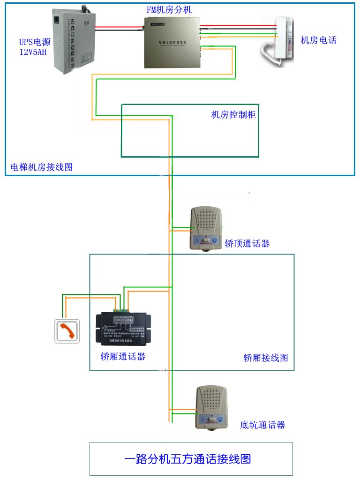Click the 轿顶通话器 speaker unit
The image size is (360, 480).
pyautogui.click(x=205, y=228)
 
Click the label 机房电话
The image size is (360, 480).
pyautogui.click(x=318, y=40)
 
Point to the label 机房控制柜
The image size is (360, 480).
pyautogui.click(x=233, y=115)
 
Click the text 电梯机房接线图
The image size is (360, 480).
pyautogui.click(x=42, y=167)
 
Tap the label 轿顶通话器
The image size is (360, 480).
pyautogui.click(x=247, y=244)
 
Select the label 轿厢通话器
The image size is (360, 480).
pyautogui.click(x=123, y=357)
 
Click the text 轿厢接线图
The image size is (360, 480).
pyautogui.click(x=265, y=358)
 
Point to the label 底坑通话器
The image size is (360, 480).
pyautogui.click(x=262, y=425)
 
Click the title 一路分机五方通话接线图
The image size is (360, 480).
pyautogui.click(x=191, y=458)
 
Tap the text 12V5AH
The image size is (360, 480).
pyautogui.click(x=33, y=52)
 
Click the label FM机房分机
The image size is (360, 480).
pyautogui.click(x=169, y=10)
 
